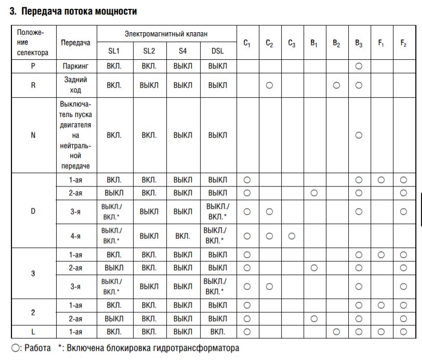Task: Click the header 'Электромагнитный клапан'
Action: [166, 34]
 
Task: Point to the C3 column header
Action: [292, 43]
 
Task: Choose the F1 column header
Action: [381, 43]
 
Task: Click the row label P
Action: [33, 66]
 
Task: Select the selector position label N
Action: [33, 135]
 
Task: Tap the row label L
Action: [33, 331]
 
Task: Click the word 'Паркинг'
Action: [75, 66]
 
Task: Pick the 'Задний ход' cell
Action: [75, 85]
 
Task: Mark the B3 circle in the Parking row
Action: [359, 66]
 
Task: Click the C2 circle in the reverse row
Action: [269, 85]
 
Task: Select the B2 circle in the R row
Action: [336, 85]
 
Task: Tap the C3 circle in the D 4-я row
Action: [292, 236]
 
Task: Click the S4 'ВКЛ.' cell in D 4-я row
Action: [182, 236]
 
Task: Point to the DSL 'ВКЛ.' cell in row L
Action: [218, 331]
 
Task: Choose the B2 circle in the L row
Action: [336, 331]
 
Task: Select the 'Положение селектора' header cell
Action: [33, 42]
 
